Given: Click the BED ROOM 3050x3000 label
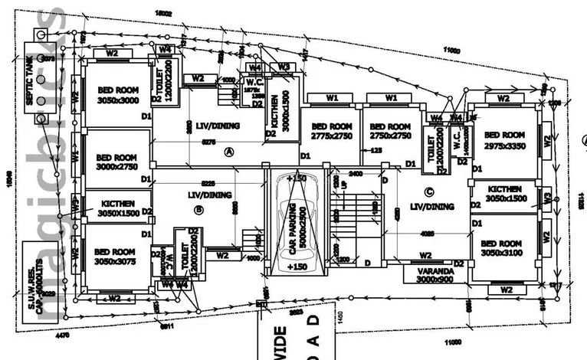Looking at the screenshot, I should pos(116,93).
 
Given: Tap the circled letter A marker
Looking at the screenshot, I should pos(228,152).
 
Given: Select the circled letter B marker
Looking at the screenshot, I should pos(198,208).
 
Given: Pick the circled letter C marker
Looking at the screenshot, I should pos(428,192).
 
